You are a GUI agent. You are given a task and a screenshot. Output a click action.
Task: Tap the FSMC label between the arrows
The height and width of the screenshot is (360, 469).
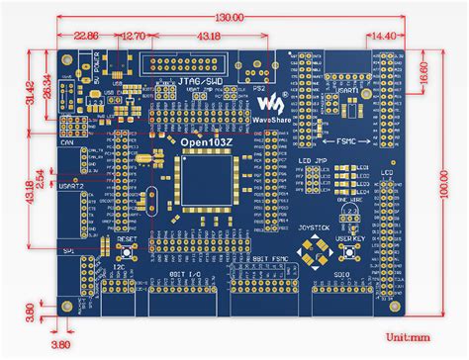(339, 140)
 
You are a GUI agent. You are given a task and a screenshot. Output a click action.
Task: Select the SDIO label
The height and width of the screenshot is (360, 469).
(342, 271)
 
